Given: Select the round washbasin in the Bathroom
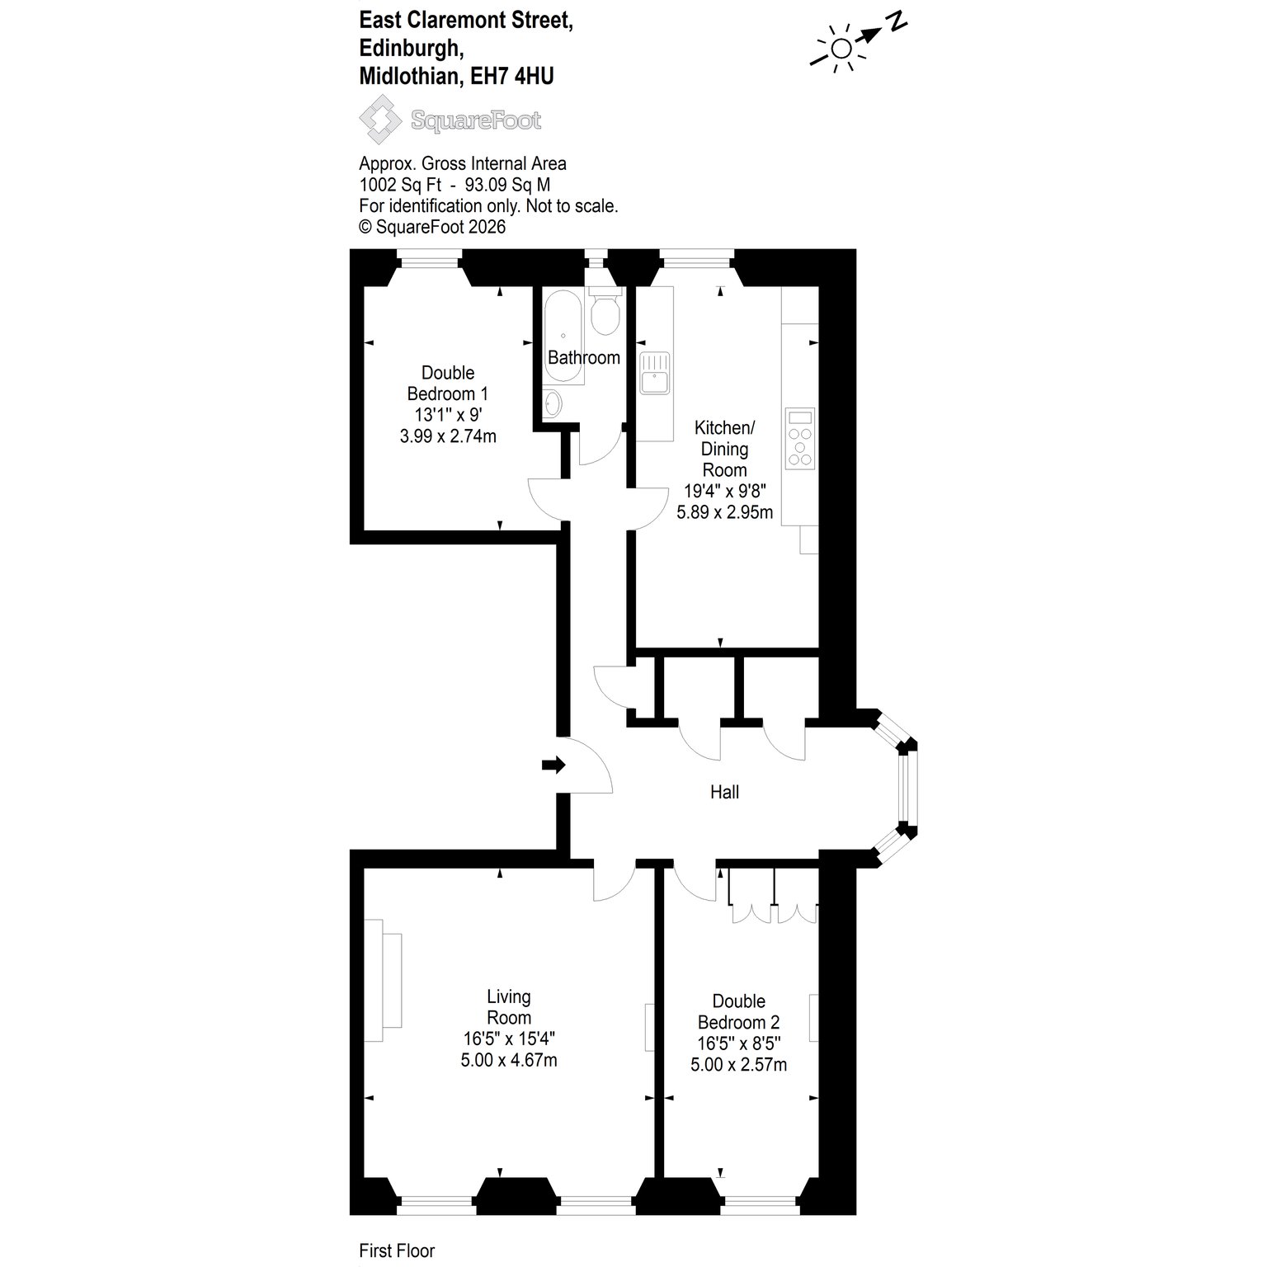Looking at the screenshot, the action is coord(553,403).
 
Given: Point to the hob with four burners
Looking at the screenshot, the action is coord(800,437).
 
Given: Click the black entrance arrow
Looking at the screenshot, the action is coord(553,765).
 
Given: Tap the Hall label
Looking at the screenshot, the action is coord(724,792).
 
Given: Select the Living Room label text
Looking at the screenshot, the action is coord(509,1007).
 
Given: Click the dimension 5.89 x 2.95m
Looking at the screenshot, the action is coord(724,512).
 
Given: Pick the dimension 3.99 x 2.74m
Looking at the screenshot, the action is coord(448,436).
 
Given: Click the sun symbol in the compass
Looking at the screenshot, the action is coord(840,49).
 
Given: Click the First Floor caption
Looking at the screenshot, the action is coord(397,1251).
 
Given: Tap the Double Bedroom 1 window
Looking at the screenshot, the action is coord(429,264).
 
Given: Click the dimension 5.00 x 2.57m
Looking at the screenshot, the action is coord(738,1065).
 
